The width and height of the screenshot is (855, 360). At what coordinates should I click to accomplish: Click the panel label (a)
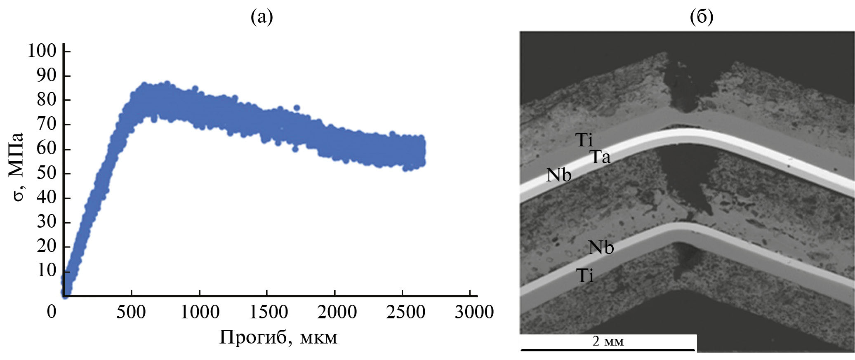(262, 17)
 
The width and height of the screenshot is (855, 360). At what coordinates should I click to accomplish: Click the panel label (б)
(702, 17)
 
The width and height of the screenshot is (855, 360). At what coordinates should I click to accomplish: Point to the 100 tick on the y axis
(42, 51)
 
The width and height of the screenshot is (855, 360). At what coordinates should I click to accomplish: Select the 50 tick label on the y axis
(46, 173)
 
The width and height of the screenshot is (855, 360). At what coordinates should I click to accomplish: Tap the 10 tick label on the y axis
(46, 271)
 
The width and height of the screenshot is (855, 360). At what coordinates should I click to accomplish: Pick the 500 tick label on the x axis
(131, 312)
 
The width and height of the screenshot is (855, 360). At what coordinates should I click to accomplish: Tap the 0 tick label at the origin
(52, 312)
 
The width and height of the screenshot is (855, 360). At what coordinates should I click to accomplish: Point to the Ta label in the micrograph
(600, 157)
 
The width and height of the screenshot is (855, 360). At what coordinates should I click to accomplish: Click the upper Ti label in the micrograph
(584, 140)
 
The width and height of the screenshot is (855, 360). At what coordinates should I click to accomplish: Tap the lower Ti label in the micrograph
(585, 275)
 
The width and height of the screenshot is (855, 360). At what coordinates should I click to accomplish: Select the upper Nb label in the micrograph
(558, 175)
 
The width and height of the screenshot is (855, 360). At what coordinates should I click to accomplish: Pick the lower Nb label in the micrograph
(601, 247)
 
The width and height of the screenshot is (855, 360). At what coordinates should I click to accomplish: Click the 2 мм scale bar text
(608, 341)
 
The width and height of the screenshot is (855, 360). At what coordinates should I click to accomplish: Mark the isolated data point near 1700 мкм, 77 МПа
(297, 108)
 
